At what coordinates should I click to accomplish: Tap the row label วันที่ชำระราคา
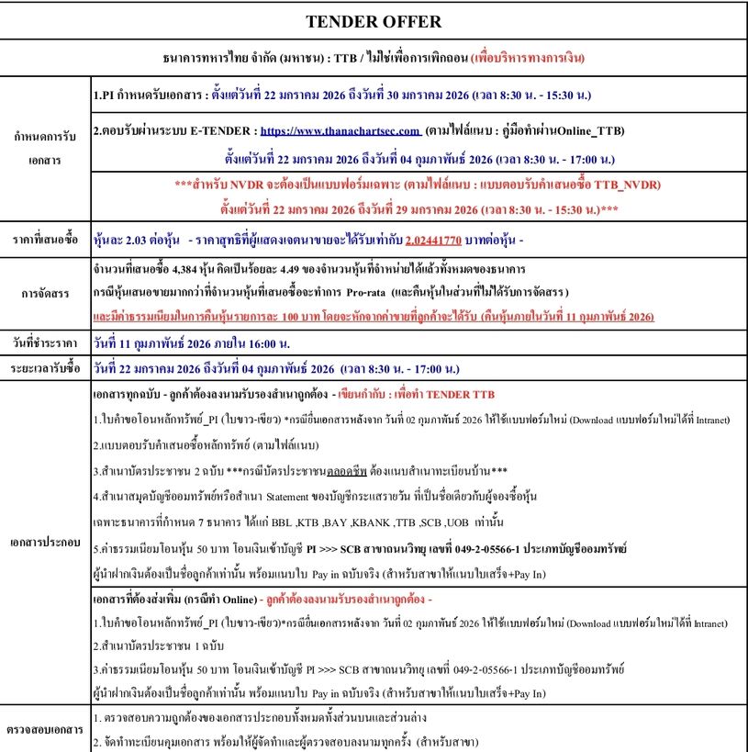pos(45,342)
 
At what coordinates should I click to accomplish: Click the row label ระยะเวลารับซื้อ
pos(45,365)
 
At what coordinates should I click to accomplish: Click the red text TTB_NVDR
pos(621,184)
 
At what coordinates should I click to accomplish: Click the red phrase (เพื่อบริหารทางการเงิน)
pos(528,57)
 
